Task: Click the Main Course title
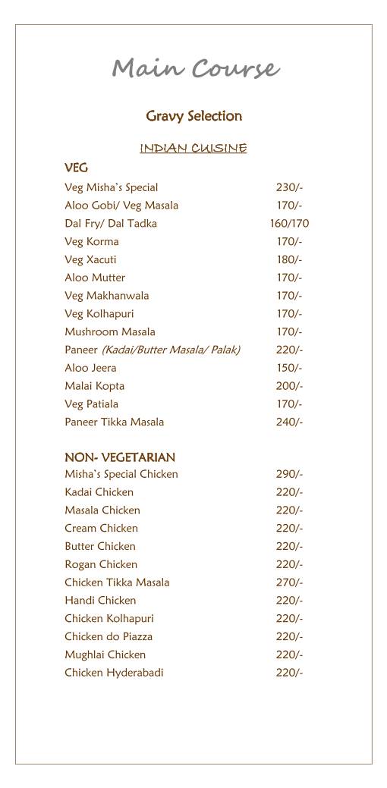pos(195,69)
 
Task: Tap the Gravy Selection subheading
pos(193,116)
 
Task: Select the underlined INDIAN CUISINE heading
pos(193,148)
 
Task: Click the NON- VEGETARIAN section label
pos(120,457)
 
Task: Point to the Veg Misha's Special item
pos(112,187)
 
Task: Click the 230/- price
pos(289,187)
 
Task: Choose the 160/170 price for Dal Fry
pos(289,224)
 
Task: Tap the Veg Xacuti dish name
pos(90,259)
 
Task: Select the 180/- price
pos(289,259)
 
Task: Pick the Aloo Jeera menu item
pos(90,368)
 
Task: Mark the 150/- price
pos(289,368)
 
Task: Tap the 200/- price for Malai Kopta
pos(289,386)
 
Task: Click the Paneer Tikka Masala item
pos(114,422)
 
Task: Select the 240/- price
pos(289,422)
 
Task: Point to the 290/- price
pos(289,474)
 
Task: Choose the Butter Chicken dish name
pos(100,546)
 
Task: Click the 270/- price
pos(289,582)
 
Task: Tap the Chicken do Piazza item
pos(109,636)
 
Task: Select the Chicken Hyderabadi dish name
pos(114,673)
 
